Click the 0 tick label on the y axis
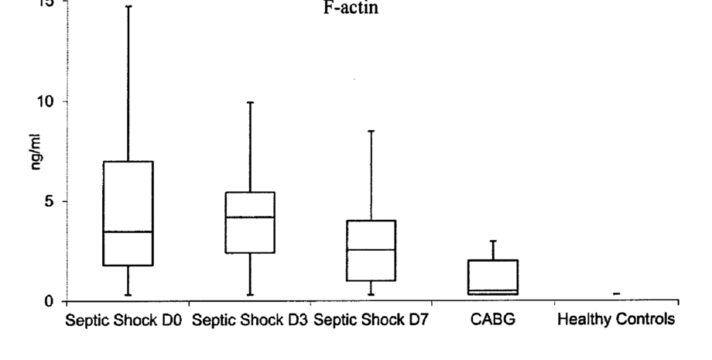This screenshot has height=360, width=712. click(53, 301)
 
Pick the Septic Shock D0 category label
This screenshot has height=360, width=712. click(124, 319)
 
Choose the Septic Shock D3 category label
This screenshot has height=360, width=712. click(249, 319)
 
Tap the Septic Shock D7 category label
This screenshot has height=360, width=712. click(371, 319)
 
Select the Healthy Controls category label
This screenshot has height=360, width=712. click(616, 319)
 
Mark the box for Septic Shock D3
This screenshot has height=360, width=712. click(250, 232)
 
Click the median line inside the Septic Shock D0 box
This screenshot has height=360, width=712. click(128, 231)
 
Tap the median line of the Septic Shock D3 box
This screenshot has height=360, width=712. click(250, 218)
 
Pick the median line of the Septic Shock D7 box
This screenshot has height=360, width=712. click(371, 249)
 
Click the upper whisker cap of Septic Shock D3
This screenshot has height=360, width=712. click(250, 102)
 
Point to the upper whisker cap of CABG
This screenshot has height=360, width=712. click(493, 242)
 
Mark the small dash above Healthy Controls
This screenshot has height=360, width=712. click(616, 293)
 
